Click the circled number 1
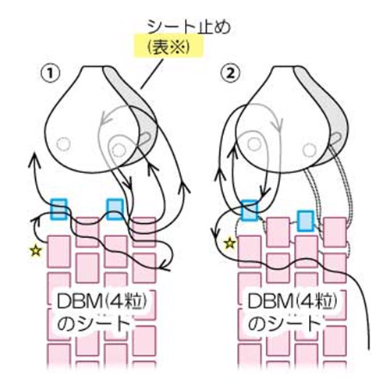coord(50,73)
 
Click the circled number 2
coord(230,73)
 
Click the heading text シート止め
coord(189,27)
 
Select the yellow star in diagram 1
coord(36,250)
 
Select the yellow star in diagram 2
coord(229,243)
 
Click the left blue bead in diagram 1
coord(58,209)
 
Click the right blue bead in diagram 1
coord(115,209)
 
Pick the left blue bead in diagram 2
coord(250,211)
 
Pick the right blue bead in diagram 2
coord(306,221)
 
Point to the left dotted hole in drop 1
coord(63,144)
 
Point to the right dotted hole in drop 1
coord(119,150)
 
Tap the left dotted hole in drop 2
coord(254,144)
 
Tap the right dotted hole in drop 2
coord(310,150)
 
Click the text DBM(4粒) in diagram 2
coord(292,302)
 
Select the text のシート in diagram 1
coord(94,324)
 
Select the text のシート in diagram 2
coord(284,324)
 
